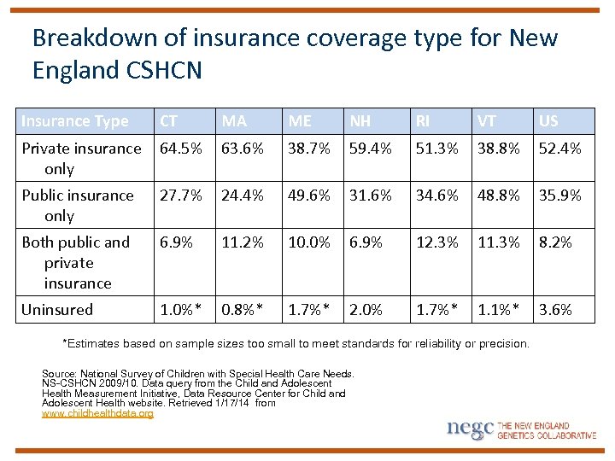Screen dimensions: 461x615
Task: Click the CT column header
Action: (170, 121)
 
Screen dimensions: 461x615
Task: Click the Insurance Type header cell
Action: (75, 121)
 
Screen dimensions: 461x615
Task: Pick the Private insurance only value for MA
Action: (243, 149)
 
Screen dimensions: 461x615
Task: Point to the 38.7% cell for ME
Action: (309, 149)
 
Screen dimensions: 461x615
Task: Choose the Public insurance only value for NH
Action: (371, 195)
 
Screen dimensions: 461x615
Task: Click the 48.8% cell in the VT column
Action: (498, 195)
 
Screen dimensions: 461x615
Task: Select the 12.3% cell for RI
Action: (436, 242)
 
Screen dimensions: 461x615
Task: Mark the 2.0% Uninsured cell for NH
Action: (366, 310)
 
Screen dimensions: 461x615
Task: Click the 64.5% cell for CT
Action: (181, 149)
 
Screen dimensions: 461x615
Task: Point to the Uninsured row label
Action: (57, 310)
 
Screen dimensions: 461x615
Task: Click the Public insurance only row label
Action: (78, 206)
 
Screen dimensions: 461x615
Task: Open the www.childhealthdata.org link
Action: (97, 413)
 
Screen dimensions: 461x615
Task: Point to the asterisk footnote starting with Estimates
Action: (296, 343)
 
